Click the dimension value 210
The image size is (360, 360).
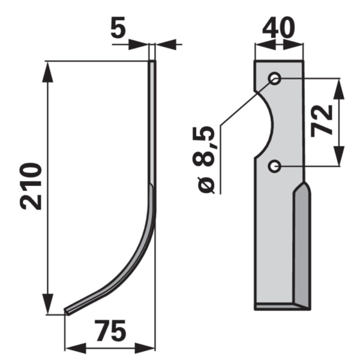(31, 186)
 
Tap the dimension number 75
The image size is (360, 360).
(111, 331)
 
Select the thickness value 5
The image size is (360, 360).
(118, 27)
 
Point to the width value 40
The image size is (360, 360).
(278, 28)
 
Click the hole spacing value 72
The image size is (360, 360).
(322, 121)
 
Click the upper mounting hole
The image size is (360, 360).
(275, 79)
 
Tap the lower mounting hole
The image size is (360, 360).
(274, 166)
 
